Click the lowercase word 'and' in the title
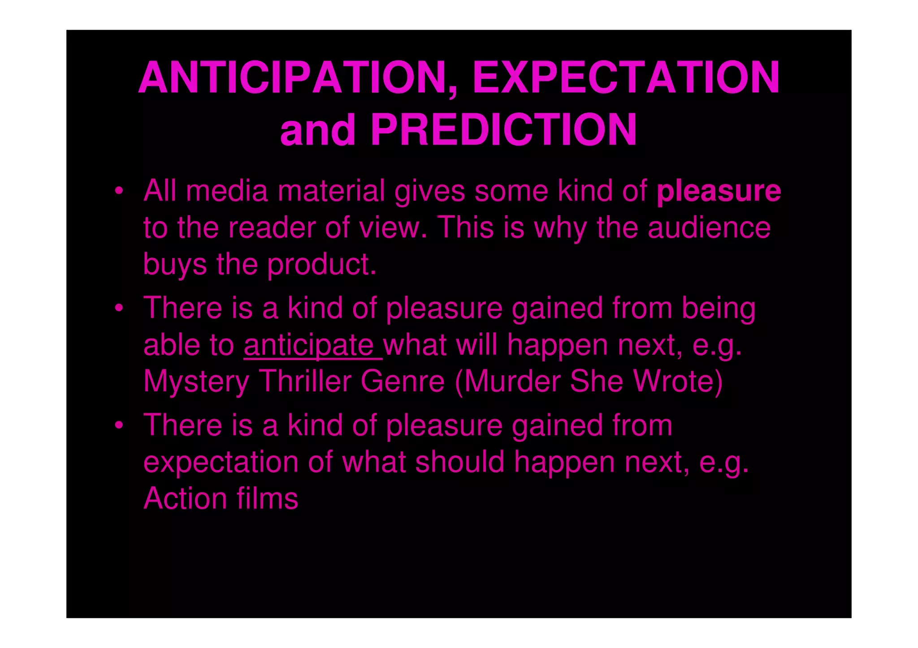pos(318,130)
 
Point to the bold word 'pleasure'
pos(719,191)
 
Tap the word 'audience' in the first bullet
pos(709,228)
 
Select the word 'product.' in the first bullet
pos(322,265)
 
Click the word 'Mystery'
pos(196,382)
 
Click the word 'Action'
pos(185,498)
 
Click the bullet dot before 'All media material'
pos(118,192)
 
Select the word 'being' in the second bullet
pos(719,309)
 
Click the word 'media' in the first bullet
pos(227,191)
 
